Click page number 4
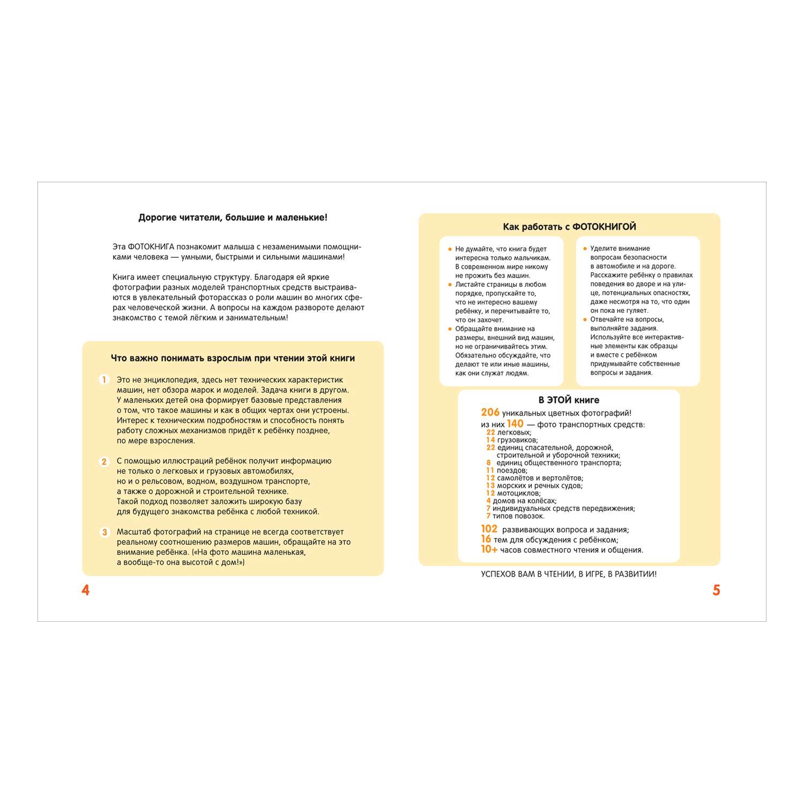coord(85,590)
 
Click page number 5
coord(716,590)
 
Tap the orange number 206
coord(490,412)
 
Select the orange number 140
coord(515,423)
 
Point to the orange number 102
coord(489,529)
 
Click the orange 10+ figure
coord(489,549)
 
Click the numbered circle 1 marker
coord(105,380)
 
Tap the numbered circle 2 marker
coord(105,461)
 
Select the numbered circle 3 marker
coord(105,532)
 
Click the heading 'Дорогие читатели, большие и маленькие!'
coord(233,218)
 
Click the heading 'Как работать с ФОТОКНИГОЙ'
coord(569,227)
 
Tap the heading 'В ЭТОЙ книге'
coord(569,400)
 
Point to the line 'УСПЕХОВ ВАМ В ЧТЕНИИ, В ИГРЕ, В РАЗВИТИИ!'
coord(569,574)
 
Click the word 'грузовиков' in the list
coord(517,440)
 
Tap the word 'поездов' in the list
coord(511,471)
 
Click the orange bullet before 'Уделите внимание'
coord(585,249)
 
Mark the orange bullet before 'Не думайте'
coord(450,249)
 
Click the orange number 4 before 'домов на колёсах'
coord(488,501)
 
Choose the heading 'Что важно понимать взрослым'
coord(233,358)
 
